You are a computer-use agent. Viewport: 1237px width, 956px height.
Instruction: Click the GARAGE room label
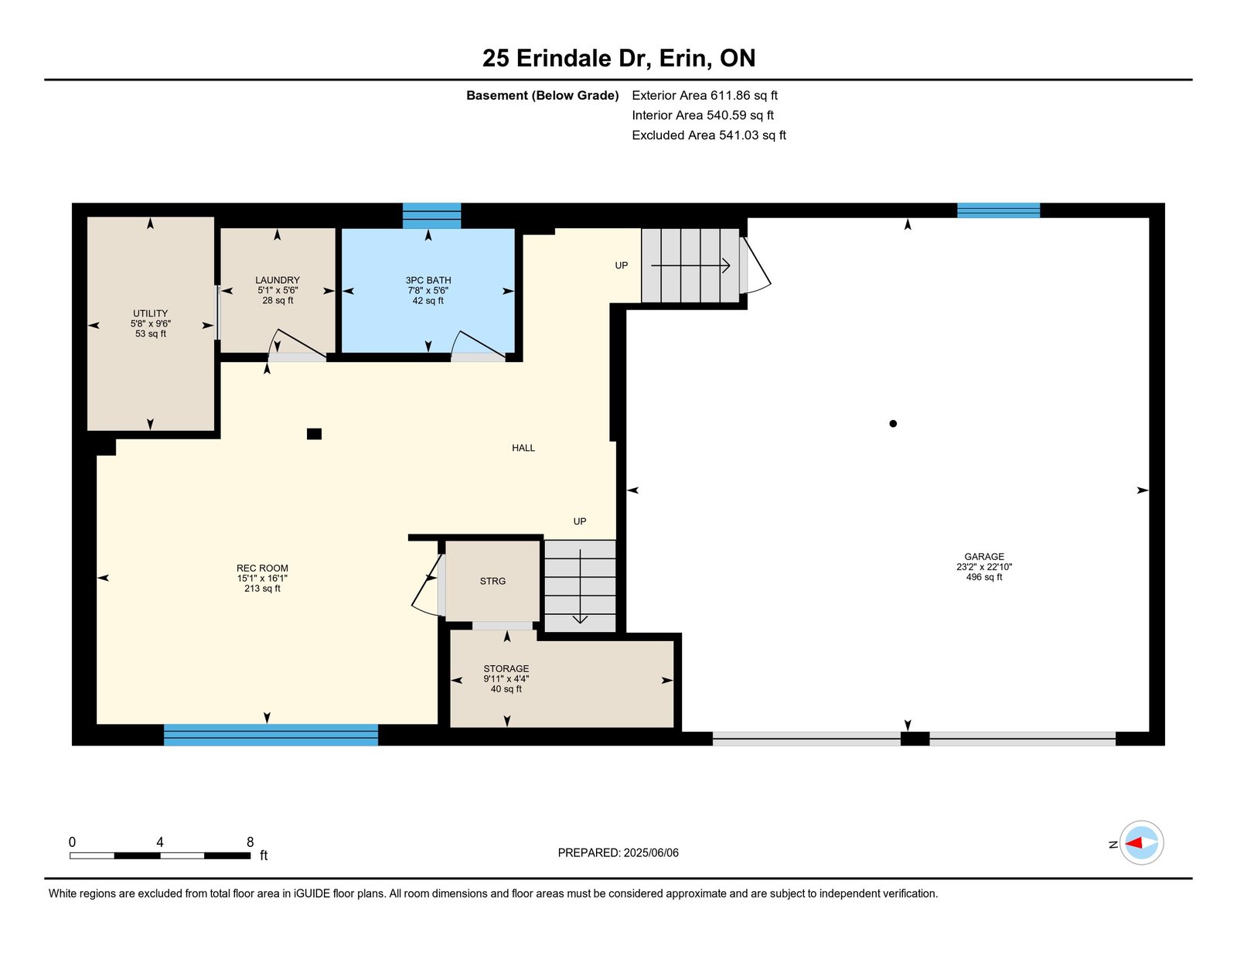[983, 556]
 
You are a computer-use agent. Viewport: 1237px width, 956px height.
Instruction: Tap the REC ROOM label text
[262, 568]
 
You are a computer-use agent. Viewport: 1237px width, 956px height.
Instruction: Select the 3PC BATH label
[428, 280]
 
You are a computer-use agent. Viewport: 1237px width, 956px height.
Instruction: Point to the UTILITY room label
[150, 313]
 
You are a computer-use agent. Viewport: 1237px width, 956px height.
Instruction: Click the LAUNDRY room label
[278, 280]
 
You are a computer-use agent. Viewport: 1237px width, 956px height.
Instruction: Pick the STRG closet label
[492, 581]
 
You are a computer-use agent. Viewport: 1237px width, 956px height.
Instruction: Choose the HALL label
[523, 448]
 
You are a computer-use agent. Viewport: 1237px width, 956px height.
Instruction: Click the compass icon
[1141, 843]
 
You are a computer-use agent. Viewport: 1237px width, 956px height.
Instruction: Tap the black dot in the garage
[893, 424]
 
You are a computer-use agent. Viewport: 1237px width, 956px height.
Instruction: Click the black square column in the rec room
[314, 434]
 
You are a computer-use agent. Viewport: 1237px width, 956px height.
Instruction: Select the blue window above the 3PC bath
[431, 216]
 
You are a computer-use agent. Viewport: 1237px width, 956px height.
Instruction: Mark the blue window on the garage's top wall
[998, 210]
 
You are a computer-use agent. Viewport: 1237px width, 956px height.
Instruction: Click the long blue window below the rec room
[271, 735]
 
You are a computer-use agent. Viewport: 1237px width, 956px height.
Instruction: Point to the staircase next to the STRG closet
[580, 586]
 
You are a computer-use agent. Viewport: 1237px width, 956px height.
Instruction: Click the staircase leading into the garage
[690, 265]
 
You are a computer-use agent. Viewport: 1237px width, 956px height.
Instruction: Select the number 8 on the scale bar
[250, 842]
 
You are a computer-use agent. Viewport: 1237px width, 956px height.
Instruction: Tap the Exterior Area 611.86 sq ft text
[704, 95]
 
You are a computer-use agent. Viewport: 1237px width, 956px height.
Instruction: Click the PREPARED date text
[618, 852]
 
